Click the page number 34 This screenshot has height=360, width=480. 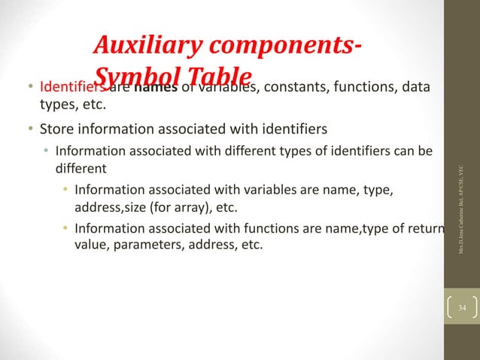[461, 309]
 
